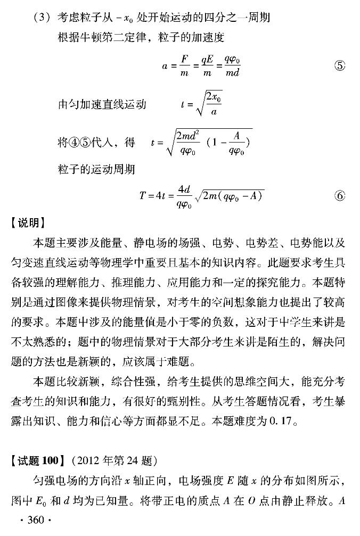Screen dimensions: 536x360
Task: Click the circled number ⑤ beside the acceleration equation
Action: [339, 67]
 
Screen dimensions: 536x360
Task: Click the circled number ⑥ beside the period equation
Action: [339, 195]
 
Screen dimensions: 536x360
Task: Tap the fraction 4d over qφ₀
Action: [184, 196]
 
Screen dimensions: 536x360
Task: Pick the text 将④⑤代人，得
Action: [95, 143]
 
